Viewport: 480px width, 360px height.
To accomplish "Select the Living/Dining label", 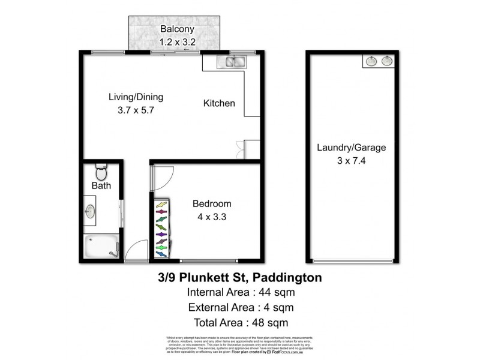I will pos(136,97).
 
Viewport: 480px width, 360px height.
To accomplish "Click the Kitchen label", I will pos(219,103).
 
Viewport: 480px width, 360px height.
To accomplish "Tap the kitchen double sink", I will pos(232,61).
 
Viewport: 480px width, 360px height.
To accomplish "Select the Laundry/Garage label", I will pos(351,147).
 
